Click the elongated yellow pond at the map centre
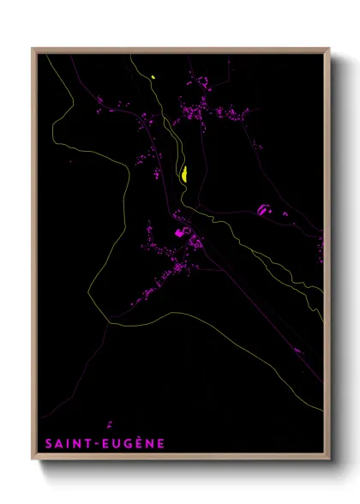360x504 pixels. tap(184, 175)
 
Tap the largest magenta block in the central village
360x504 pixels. tap(180, 231)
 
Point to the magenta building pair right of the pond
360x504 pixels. tap(264, 209)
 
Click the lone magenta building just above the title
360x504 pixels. tap(110, 423)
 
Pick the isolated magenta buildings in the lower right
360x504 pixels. tap(297, 350)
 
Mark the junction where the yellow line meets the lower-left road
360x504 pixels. tap(109, 322)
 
